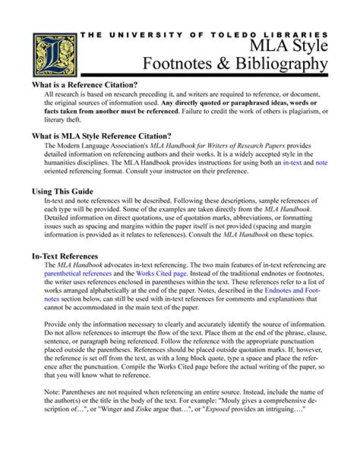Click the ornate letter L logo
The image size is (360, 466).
tap(54, 54)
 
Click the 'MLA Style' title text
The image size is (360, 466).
tap(289, 47)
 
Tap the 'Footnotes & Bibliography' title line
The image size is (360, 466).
tap(235, 64)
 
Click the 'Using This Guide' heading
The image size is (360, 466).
tap(62, 191)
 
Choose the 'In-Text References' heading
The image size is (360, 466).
tap(65, 256)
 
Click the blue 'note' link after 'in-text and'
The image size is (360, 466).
tap(321, 163)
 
